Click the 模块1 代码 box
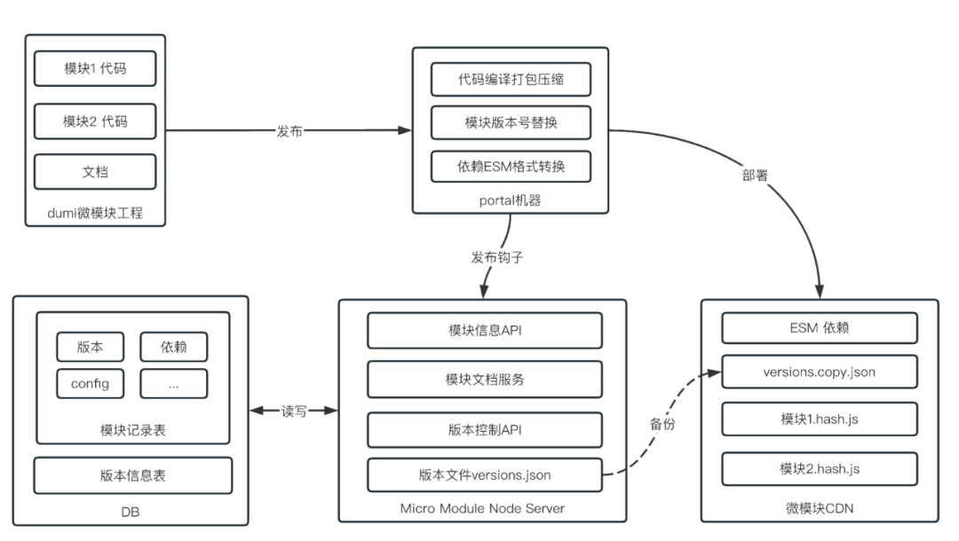(x=95, y=68)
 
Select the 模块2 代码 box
(x=95, y=122)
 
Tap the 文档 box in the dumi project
(x=95, y=171)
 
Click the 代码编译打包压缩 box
(x=511, y=80)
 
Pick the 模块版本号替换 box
(x=511, y=122)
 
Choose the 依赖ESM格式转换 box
(x=511, y=166)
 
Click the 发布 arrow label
(x=289, y=131)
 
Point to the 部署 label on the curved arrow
(x=755, y=176)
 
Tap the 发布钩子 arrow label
(x=496, y=258)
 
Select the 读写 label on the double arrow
(x=294, y=412)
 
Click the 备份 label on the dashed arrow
(x=662, y=424)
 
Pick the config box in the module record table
(x=90, y=383)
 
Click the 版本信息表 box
(x=132, y=475)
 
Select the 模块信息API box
(x=485, y=330)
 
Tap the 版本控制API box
(x=485, y=430)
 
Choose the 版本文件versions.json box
(x=485, y=475)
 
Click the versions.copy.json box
(x=820, y=372)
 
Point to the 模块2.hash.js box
(x=820, y=469)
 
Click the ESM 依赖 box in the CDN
(x=820, y=328)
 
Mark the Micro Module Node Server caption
(x=482, y=508)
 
